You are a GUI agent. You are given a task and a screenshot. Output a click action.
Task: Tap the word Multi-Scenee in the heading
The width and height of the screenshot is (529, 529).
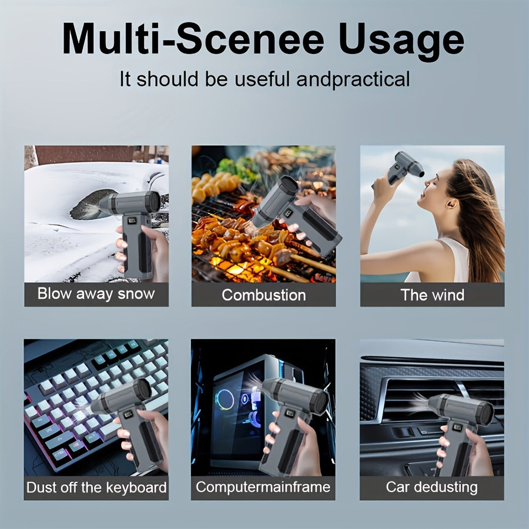pos(193,38)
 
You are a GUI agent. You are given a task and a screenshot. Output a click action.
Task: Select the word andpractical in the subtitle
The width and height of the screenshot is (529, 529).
pos(353,79)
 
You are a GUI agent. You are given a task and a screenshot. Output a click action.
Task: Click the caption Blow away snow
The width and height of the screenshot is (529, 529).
pos(96,294)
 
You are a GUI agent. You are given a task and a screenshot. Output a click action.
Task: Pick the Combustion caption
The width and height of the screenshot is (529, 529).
pos(264,295)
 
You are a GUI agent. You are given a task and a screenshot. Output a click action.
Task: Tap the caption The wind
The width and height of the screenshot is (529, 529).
pos(432,295)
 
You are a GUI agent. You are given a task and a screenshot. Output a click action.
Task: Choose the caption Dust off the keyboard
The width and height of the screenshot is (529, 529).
pos(96,487)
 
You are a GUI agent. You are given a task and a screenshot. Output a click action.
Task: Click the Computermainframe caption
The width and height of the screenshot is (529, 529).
pos(263,487)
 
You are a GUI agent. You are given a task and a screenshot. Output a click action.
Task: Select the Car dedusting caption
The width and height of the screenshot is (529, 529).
pos(431,487)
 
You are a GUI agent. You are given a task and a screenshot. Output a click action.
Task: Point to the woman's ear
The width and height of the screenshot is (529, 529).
pos(452,203)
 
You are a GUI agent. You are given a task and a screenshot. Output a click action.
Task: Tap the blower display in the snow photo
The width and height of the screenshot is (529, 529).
pos(132,220)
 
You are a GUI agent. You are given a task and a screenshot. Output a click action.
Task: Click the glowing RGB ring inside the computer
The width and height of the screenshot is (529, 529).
pos(225,400)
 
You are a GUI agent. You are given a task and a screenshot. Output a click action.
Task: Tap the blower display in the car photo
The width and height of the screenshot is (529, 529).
pos(457,427)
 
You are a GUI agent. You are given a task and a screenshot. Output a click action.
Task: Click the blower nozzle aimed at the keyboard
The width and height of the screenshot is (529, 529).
pos(97,406)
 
